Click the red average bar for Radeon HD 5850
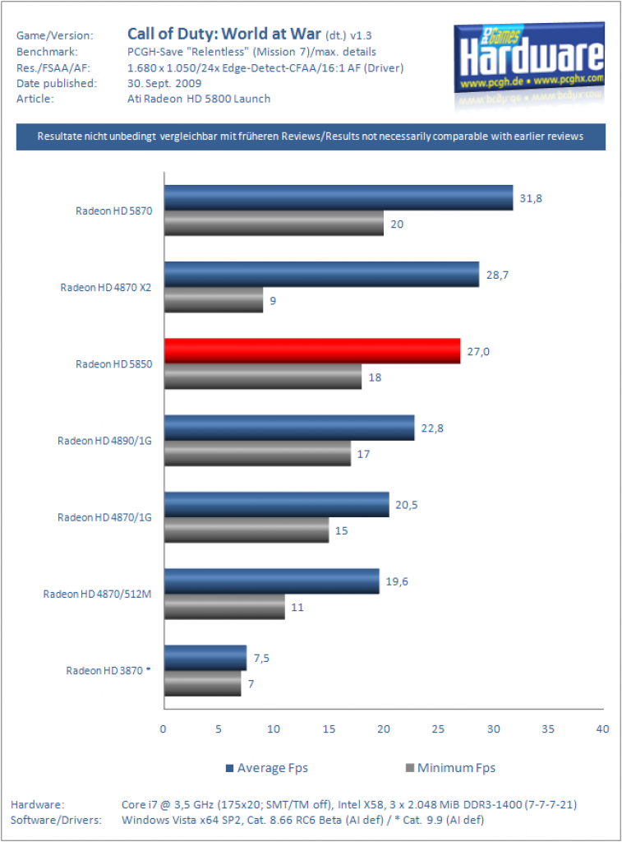(x=312, y=351)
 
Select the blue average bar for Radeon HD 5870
(x=339, y=197)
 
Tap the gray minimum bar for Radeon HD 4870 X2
(x=214, y=299)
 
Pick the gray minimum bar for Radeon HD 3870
(x=203, y=683)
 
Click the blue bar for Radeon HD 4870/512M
(x=272, y=581)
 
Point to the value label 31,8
(x=531, y=198)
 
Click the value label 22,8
(x=432, y=428)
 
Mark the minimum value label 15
(x=341, y=530)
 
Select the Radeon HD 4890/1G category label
(x=104, y=441)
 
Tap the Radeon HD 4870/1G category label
(x=104, y=517)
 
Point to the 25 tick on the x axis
(x=438, y=729)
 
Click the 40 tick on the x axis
(x=602, y=729)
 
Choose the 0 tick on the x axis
(x=164, y=729)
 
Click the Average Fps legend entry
(x=267, y=768)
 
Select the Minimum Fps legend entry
(x=451, y=768)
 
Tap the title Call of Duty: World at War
(x=223, y=33)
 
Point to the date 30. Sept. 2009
(x=164, y=83)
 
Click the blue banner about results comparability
(x=311, y=136)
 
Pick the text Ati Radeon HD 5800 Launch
(x=199, y=99)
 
